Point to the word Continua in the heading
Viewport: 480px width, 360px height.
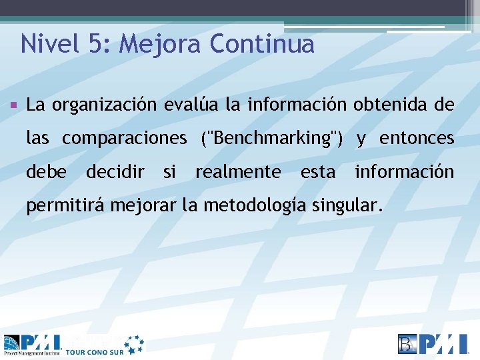(x=261, y=44)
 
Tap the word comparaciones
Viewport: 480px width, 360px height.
(x=125, y=139)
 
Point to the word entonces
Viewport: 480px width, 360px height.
(x=417, y=139)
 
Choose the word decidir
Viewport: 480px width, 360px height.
(x=115, y=172)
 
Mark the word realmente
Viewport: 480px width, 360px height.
(x=238, y=172)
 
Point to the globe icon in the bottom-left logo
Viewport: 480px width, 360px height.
(x=12, y=344)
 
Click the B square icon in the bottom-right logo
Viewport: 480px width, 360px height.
(x=408, y=343)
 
